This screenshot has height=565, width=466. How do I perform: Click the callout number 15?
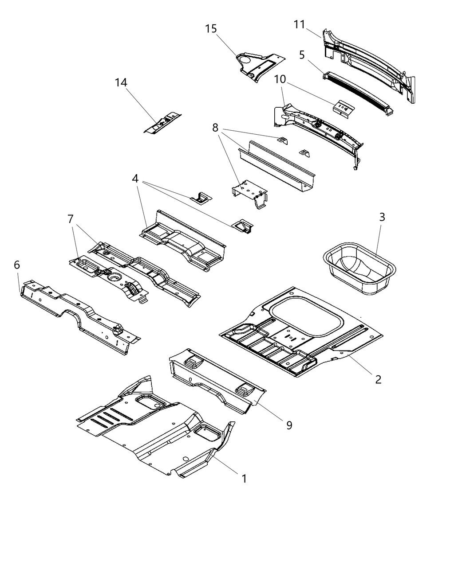(x=211, y=29)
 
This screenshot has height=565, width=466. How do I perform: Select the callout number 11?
(x=300, y=24)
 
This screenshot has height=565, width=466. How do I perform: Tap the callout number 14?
(x=121, y=82)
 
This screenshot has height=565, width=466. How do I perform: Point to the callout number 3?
(x=382, y=217)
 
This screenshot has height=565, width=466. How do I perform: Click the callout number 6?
(x=17, y=265)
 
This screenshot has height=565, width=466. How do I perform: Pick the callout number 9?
(x=289, y=425)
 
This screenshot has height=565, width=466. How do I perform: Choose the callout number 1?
(x=244, y=479)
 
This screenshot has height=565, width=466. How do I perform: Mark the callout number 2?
(x=378, y=379)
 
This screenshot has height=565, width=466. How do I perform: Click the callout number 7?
(x=70, y=219)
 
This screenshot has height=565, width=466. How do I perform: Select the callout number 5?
(x=302, y=55)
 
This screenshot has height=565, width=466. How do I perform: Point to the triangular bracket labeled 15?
(x=257, y=66)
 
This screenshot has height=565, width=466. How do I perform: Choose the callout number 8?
(x=215, y=128)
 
